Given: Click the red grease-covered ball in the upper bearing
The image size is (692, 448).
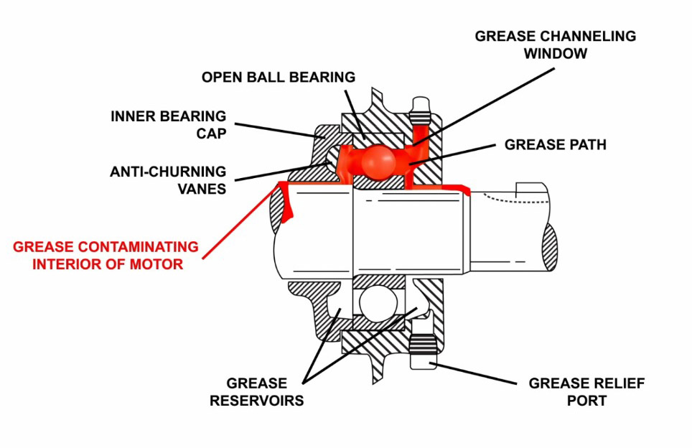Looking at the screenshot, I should click(378, 161).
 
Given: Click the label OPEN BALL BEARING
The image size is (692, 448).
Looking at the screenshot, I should click(279, 77).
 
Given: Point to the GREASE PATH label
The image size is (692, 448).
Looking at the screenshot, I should click(555, 145).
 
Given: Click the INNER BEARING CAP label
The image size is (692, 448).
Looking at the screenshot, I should click(168, 123).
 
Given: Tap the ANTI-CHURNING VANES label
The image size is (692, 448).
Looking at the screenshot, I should click(167, 180).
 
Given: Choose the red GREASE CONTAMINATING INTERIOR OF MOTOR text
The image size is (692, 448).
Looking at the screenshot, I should click(98, 256).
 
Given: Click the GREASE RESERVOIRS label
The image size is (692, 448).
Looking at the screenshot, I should click(256, 392).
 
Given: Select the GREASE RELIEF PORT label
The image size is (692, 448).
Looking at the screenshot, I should click(586, 392).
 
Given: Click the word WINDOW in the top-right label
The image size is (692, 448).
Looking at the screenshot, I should click(554, 53).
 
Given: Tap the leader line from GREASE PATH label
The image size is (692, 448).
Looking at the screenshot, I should click(455, 154).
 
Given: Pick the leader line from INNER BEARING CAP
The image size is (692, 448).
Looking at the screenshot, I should click(276, 129).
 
